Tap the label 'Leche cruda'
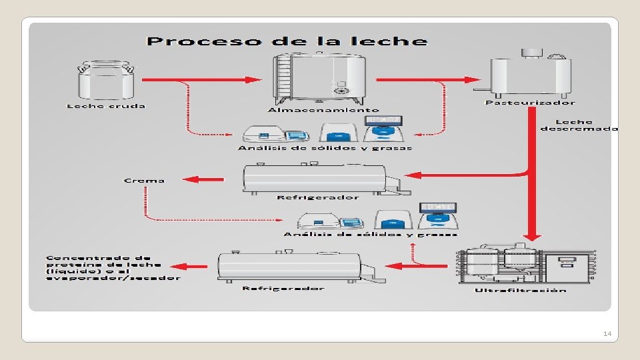[x=106, y=106]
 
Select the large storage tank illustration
[x=321, y=79]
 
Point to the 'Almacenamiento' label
[x=323, y=110]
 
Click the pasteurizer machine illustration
[x=531, y=73]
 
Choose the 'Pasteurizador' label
[x=530, y=103]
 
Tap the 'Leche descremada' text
[x=578, y=125]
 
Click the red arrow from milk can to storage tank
[x=203, y=79]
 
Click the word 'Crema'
[x=144, y=180]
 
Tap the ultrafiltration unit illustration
[x=525, y=266]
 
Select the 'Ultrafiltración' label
[x=521, y=290]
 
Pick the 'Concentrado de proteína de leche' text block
[x=113, y=267]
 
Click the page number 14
[x=606, y=333]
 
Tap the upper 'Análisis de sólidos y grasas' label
[x=325, y=148]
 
